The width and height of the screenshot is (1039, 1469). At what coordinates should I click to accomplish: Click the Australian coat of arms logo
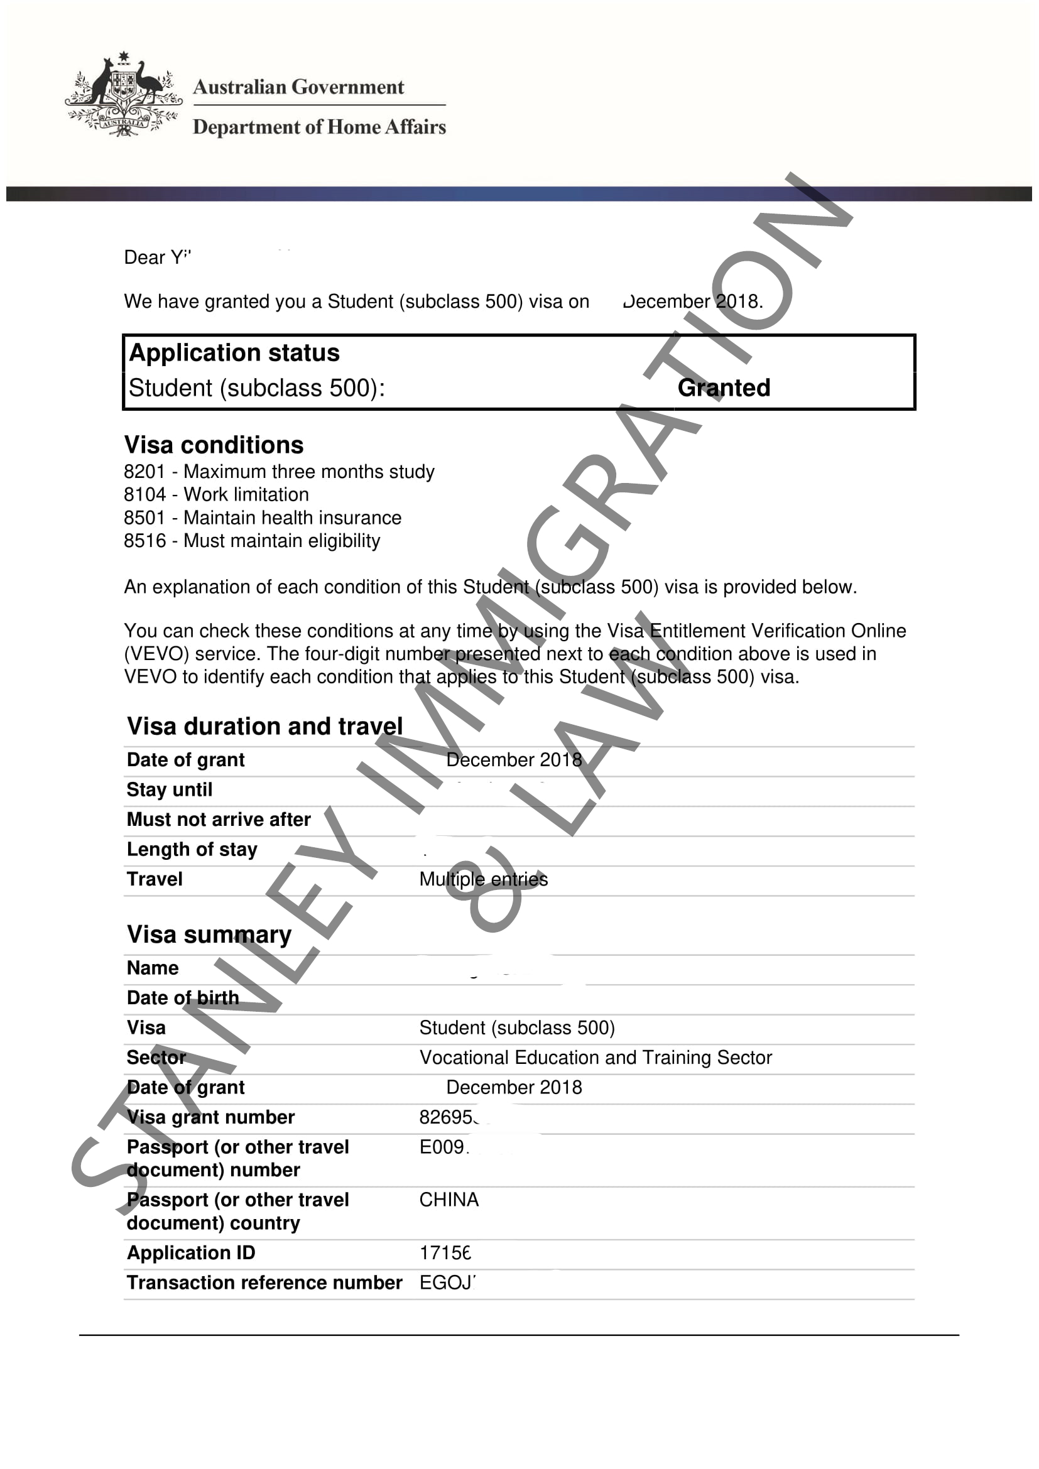tap(123, 95)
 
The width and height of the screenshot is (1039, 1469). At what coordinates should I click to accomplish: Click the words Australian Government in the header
tap(298, 87)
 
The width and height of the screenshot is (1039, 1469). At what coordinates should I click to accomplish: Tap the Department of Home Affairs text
tap(319, 127)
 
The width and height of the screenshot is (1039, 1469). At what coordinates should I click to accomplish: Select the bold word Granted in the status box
tap(724, 388)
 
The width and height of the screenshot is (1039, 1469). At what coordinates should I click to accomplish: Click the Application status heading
tap(234, 353)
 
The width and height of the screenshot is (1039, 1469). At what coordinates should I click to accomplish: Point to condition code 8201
tap(144, 472)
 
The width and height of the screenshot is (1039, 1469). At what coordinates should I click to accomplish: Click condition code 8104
tap(144, 494)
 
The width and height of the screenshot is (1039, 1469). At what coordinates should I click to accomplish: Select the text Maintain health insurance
tap(292, 518)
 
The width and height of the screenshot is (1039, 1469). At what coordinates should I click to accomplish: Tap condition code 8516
tap(144, 541)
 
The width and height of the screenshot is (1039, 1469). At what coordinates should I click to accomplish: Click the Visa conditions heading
tap(214, 445)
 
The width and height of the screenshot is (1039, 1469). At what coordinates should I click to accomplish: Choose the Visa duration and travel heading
tap(265, 726)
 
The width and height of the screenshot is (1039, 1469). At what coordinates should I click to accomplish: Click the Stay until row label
tap(170, 789)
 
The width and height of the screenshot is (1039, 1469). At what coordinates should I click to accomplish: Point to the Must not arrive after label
tap(219, 820)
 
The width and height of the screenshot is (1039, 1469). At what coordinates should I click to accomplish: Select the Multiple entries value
tap(484, 879)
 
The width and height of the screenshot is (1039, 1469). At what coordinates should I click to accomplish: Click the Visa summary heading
tap(209, 934)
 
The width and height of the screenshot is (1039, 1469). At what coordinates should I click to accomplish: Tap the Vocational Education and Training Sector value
tap(596, 1058)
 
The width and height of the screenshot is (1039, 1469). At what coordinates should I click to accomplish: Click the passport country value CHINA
tap(449, 1200)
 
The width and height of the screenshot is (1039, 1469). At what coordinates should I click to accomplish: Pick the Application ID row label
tap(192, 1253)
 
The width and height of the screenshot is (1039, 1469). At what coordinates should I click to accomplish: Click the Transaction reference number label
tap(264, 1283)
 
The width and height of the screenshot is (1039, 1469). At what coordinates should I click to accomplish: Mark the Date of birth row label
tap(183, 998)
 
